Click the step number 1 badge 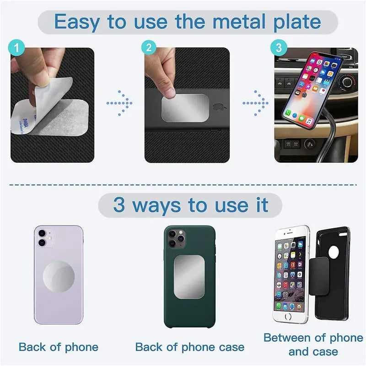16,47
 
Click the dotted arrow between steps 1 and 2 120,103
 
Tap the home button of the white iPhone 288,316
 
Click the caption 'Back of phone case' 189,347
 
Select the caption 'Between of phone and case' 313,344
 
